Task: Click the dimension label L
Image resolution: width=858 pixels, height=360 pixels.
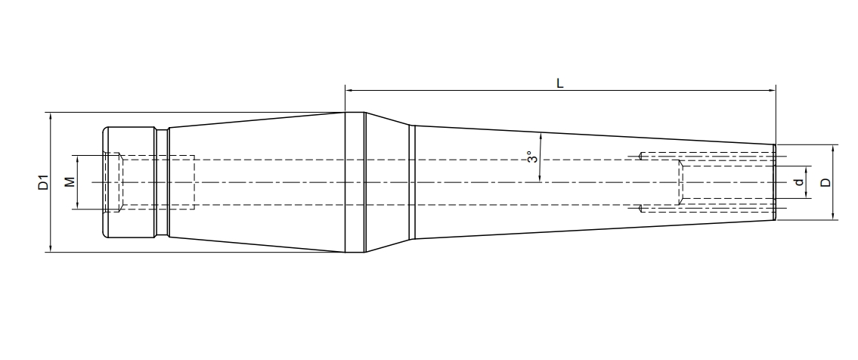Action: coord(559,83)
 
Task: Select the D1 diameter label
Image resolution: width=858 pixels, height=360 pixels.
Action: coord(43,182)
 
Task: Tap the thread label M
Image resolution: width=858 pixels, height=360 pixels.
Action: coord(69,182)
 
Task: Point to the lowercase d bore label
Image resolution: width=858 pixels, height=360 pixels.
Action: coord(798,182)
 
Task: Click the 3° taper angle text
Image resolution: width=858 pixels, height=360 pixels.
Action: coord(531,157)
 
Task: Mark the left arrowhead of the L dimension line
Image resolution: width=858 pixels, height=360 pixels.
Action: coord(348,90)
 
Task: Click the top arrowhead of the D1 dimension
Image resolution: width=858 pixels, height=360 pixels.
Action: coord(50,116)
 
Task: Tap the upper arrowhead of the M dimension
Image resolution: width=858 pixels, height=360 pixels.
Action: coord(77,158)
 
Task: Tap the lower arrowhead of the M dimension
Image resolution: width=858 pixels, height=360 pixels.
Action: coord(77,207)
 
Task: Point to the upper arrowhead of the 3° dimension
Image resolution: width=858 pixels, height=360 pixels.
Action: coord(541,137)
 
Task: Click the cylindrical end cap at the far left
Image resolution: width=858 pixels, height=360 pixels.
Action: coord(129,182)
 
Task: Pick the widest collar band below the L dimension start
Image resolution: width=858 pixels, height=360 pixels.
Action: coord(355,182)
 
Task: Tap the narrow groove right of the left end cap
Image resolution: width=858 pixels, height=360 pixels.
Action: coord(163,182)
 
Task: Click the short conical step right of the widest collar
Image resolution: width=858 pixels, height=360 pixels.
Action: coord(387,182)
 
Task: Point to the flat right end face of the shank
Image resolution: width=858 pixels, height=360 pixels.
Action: coord(776,182)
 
